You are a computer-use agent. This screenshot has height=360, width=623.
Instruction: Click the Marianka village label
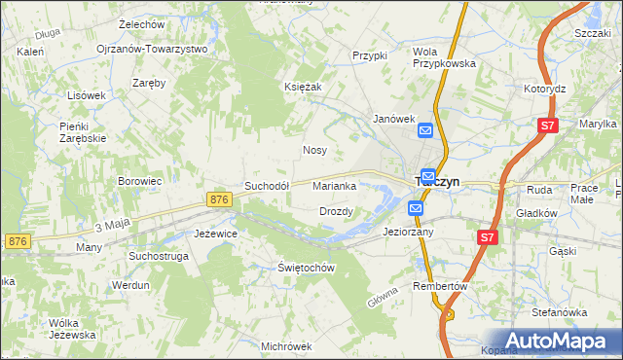[339, 185]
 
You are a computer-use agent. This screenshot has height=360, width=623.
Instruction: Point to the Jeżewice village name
[216, 234]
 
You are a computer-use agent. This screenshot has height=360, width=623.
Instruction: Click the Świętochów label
[306, 268]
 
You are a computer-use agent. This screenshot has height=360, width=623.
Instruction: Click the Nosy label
[314, 151]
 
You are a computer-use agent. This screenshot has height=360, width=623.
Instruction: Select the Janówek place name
[395, 118]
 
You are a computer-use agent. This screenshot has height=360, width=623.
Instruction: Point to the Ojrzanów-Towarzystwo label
[152, 49]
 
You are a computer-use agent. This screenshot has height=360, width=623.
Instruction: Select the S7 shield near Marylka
[548, 125]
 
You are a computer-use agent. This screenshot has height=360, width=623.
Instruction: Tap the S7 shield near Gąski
[488, 236]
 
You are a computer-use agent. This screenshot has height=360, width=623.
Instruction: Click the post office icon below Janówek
[425, 129]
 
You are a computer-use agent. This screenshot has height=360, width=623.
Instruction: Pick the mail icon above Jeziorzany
[416, 207]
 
